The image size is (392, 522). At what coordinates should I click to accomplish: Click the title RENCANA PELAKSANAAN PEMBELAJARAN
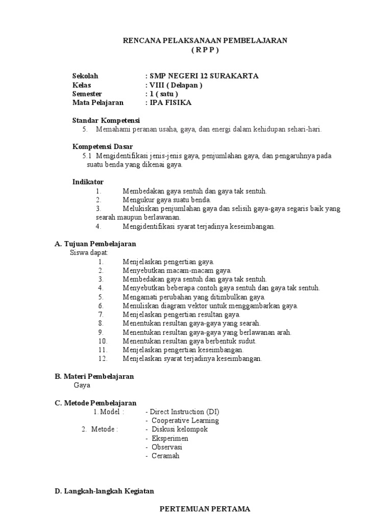click(206, 40)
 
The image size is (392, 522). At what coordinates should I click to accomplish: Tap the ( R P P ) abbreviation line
click(206, 49)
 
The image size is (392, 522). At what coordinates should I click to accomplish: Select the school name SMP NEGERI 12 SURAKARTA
click(203, 76)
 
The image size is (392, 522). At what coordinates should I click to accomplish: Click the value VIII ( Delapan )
click(175, 85)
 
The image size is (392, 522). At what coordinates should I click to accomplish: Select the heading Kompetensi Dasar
click(103, 147)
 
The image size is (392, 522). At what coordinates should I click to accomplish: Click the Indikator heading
click(88, 182)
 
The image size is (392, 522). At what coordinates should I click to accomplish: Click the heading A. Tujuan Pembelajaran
click(95, 244)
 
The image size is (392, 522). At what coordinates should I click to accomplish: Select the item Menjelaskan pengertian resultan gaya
click(181, 315)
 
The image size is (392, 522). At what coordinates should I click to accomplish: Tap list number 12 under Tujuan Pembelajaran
click(103, 359)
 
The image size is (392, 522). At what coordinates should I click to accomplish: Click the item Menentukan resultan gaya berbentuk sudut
click(189, 341)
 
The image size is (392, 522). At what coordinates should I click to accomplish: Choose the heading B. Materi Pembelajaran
click(94, 377)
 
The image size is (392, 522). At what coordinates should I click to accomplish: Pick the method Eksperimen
click(170, 438)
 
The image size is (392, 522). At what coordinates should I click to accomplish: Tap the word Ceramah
click(165, 456)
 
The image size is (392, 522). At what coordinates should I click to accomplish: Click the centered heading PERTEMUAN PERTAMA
click(205, 509)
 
